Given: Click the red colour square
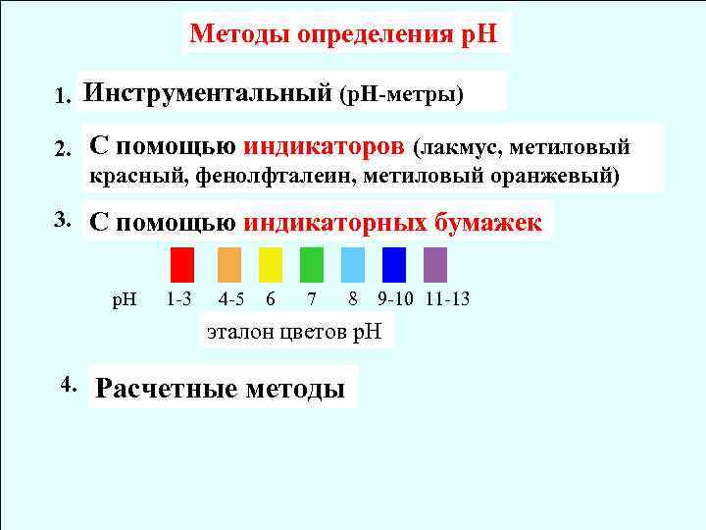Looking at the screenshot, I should tap(181, 265).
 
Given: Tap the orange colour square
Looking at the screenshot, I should tap(228, 265).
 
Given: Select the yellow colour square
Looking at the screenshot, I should tap(271, 265).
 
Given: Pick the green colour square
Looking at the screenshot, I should tap(312, 265).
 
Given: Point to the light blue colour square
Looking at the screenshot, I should tap(353, 265).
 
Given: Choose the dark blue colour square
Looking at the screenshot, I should tap(394, 265).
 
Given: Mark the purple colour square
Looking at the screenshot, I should tap(436, 265).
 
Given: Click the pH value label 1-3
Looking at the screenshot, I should tap(179, 297).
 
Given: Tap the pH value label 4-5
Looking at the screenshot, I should tap(231, 297).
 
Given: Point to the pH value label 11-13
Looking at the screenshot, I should tap(448, 297).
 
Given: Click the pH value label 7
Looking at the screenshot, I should tap(311, 297).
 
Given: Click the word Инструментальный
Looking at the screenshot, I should tap(207, 94).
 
